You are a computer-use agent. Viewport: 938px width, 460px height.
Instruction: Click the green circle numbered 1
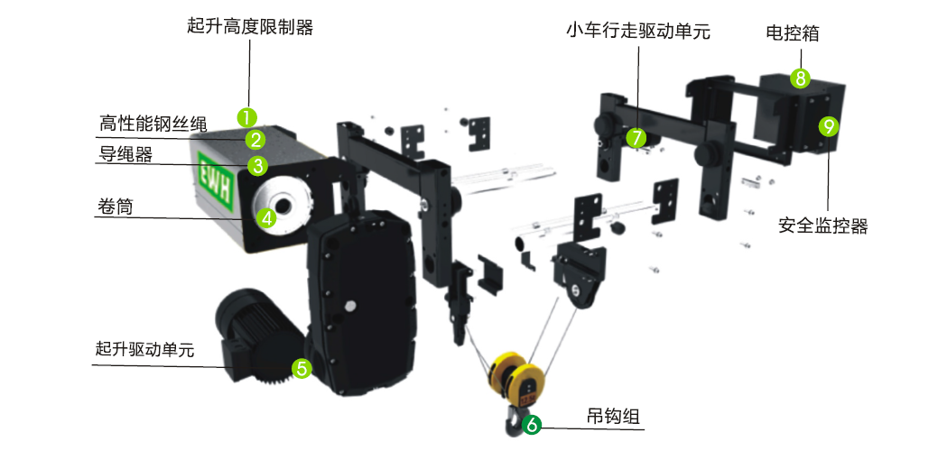point(247,117)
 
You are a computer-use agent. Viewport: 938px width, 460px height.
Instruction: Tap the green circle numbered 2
point(255,141)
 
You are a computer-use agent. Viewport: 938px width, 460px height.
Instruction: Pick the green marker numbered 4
point(266,218)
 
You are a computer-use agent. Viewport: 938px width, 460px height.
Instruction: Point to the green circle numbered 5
point(302,368)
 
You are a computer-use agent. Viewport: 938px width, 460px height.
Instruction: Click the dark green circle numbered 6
point(531,424)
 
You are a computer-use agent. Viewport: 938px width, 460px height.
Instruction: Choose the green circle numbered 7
point(636,138)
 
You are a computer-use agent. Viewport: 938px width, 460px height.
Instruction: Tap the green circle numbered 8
point(800,78)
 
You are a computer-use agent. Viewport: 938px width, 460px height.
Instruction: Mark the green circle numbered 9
point(829,126)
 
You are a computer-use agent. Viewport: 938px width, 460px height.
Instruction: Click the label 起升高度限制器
point(249,27)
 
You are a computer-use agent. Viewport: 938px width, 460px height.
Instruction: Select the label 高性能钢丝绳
point(153,124)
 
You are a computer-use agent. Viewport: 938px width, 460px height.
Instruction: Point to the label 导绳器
point(125,154)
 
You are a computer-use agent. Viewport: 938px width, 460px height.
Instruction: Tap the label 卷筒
point(115,207)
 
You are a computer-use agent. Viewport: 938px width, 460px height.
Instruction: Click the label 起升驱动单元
point(144,349)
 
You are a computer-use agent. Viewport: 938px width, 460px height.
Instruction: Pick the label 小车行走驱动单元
point(638,31)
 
